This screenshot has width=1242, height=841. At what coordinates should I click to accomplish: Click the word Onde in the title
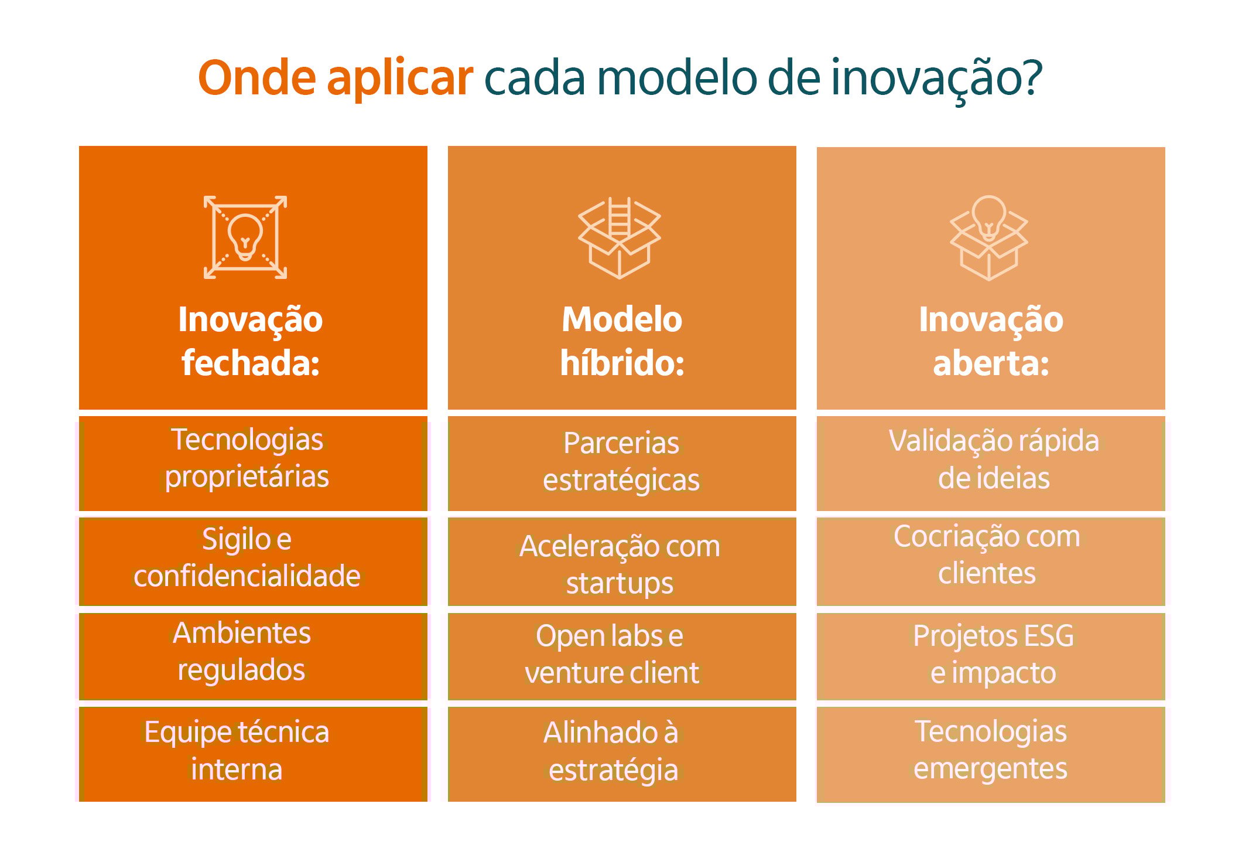[257, 78]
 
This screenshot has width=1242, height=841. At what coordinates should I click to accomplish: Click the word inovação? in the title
[936, 78]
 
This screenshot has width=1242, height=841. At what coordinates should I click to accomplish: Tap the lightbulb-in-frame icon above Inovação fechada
[245, 237]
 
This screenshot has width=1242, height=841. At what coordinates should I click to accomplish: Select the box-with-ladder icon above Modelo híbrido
[620, 237]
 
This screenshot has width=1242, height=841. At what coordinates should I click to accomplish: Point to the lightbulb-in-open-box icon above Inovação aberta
[988, 237]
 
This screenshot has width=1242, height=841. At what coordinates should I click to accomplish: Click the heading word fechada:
[251, 363]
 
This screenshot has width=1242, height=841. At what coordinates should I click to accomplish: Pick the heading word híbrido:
[622, 363]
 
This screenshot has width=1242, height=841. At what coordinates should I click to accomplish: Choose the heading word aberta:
[991, 363]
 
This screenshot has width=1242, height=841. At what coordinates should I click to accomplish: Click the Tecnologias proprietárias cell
[253, 463]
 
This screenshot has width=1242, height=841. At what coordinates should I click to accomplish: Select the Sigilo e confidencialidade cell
[253, 561]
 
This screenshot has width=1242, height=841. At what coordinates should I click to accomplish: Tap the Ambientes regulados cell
[253, 656]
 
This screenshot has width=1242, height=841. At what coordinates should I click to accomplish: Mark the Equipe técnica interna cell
[253, 754]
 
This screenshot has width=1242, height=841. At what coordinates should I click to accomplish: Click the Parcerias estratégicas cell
[621, 463]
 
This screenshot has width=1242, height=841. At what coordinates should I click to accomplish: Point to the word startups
[620, 583]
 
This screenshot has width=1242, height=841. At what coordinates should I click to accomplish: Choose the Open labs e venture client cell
[621, 656]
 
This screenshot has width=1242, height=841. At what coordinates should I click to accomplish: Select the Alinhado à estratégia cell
[621, 754]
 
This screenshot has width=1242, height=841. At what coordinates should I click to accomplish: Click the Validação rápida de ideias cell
[991, 463]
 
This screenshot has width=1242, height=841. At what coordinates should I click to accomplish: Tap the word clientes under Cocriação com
[987, 573]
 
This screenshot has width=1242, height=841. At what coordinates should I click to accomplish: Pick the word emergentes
[990, 768]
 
